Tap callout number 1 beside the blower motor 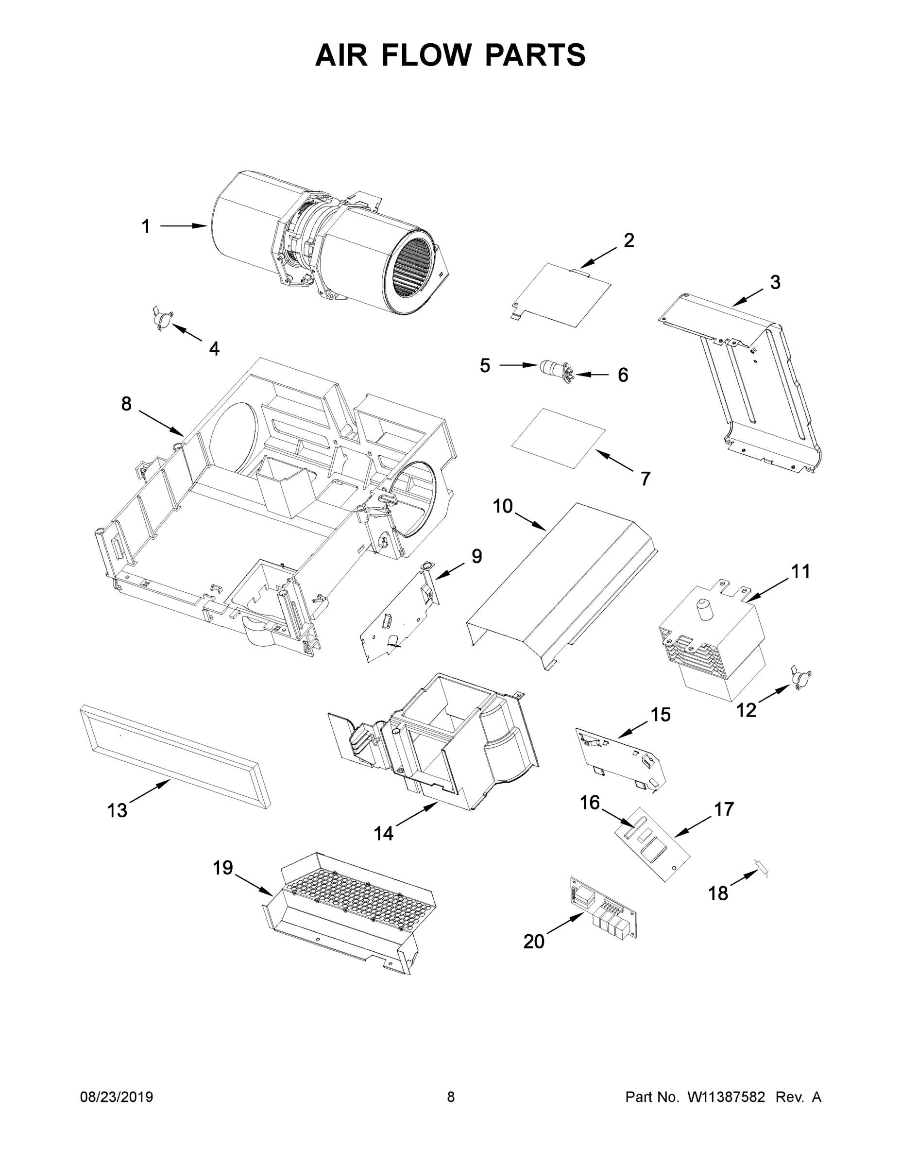pyautogui.click(x=145, y=226)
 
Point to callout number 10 pyautogui.click(x=502, y=506)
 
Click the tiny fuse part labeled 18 pyautogui.click(x=762, y=869)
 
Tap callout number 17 pyautogui.click(x=724, y=809)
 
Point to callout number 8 pyautogui.click(x=126, y=404)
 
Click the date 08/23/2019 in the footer pyautogui.click(x=117, y=1097)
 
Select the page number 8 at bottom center pyautogui.click(x=451, y=1097)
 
